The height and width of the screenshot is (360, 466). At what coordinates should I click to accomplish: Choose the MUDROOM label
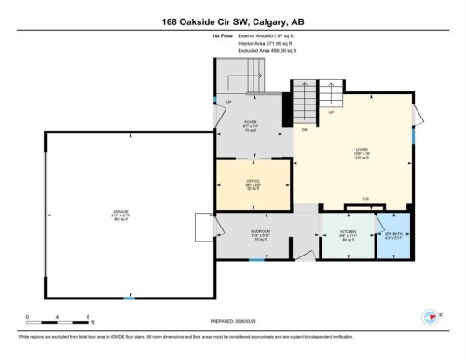point(260,231)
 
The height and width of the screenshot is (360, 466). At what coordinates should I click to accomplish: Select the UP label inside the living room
point(330,113)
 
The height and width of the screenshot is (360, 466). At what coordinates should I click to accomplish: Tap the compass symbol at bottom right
point(431,316)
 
